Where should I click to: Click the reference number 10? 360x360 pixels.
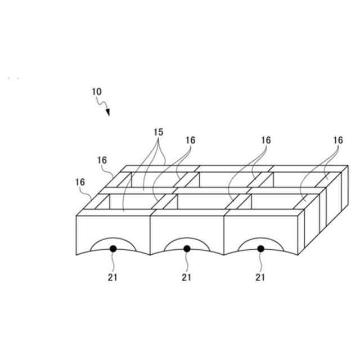pos(96,91)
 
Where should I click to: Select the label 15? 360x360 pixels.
pos(158,132)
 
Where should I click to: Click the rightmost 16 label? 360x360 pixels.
pos(337,140)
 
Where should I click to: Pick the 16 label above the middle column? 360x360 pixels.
pos(265,140)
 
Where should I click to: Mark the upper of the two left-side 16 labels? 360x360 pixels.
pos(102,160)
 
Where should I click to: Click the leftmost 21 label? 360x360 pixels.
pos(112,277)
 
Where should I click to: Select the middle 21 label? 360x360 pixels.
pos(186,277)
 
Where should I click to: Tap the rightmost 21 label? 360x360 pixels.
pos(260,277)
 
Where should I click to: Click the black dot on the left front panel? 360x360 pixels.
pos(113,248)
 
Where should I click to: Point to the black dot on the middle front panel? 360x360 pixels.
pos(187,248)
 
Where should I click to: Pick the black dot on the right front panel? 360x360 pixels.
pos(260,248)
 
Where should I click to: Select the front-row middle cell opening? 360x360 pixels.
pos(202,202)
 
